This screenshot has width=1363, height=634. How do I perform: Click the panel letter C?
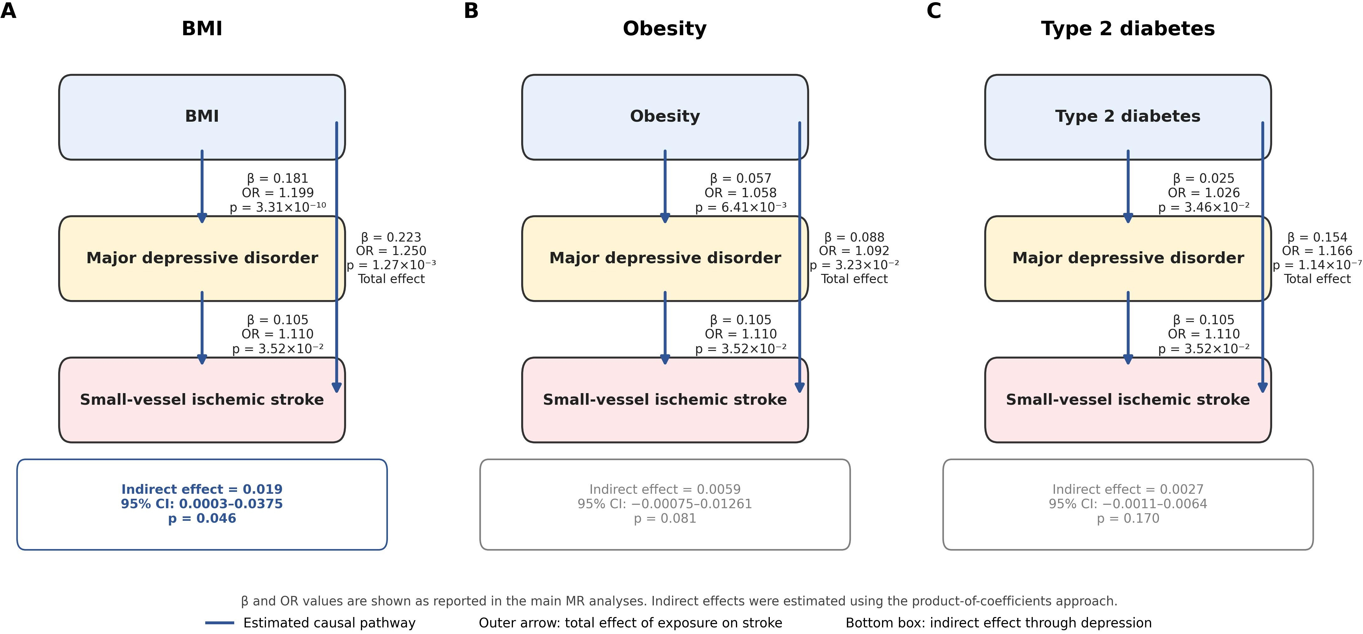tap(934, 11)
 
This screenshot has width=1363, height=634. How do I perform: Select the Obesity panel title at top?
tap(665, 29)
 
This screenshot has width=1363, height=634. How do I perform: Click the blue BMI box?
tap(202, 117)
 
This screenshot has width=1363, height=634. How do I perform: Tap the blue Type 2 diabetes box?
tap(1128, 117)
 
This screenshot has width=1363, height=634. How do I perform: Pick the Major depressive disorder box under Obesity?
tap(665, 258)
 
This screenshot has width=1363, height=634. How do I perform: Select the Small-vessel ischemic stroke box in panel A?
tap(202, 400)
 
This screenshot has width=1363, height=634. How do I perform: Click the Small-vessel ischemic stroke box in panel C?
tap(1128, 400)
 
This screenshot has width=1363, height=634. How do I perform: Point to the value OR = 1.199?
tap(278, 193)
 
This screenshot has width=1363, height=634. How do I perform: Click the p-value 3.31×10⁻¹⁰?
tap(278, 207)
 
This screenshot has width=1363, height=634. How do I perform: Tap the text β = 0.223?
tap(391, 237)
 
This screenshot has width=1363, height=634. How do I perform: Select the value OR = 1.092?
tap(854, 251)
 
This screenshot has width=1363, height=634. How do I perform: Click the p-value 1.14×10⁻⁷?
tap(1317, 264)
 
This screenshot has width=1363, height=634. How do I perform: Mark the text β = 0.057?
tap(741, 178)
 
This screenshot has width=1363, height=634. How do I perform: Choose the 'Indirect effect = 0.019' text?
tap(202, 489)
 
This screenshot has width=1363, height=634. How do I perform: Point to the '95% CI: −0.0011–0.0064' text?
tap(1128, 504)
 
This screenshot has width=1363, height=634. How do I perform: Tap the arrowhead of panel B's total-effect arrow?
tap(799, 387)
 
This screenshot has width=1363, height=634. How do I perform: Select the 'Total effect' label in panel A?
tap(391, 279)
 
